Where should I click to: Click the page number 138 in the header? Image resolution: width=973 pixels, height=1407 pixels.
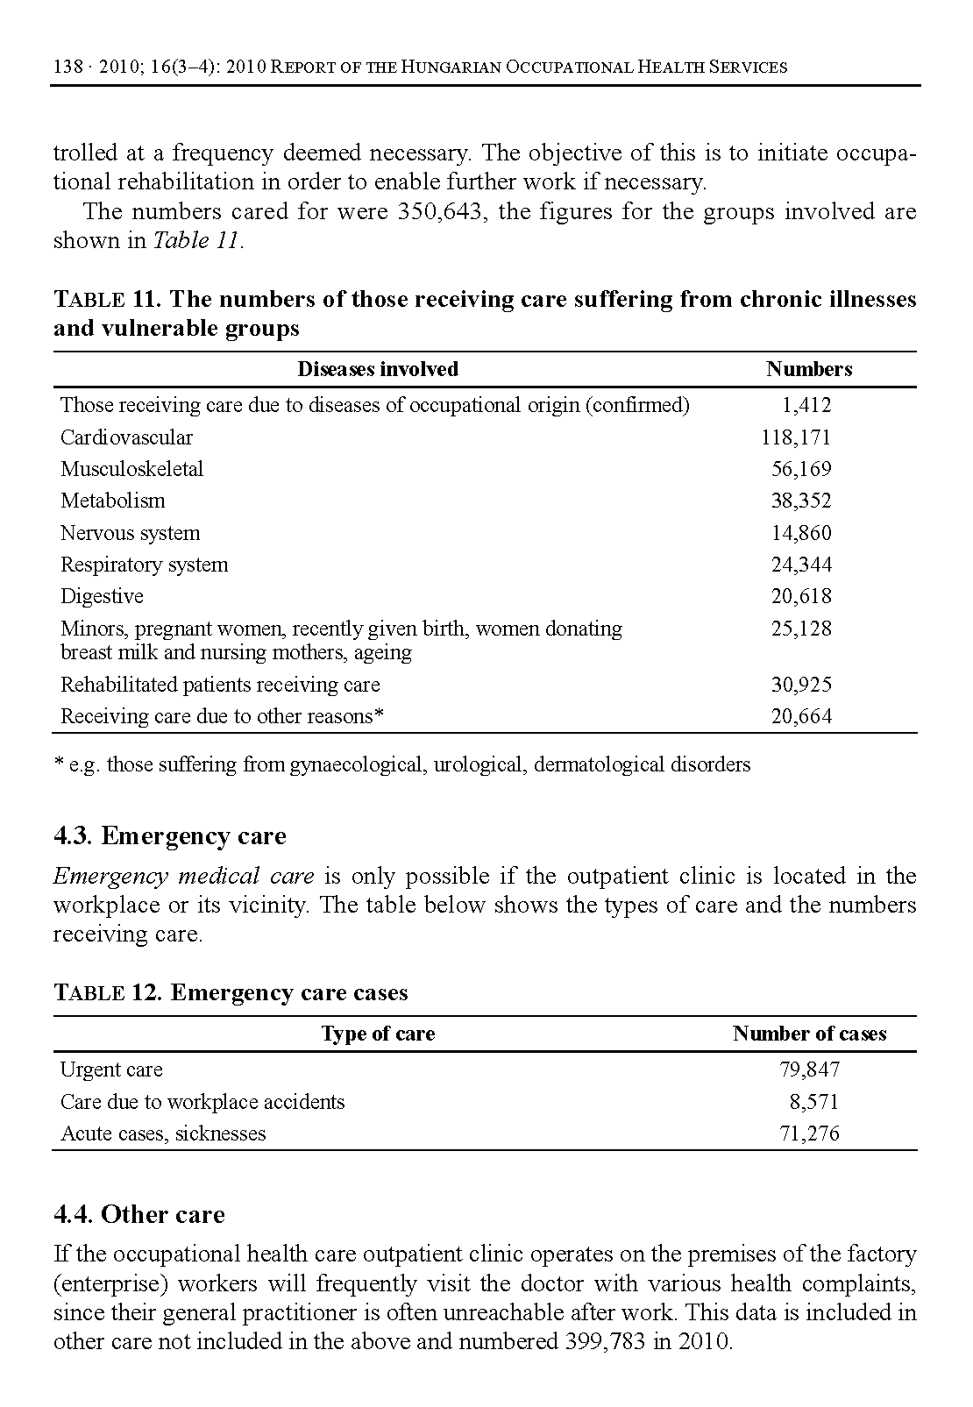[67, 67]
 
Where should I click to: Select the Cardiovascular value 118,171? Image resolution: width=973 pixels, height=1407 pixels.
[795, 437]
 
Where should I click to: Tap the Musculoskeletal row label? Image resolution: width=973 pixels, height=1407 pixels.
[131, 469]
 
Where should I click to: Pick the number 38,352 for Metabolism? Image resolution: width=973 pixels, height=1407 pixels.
[801, 501]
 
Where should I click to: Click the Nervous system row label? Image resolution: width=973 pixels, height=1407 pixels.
[130, 533]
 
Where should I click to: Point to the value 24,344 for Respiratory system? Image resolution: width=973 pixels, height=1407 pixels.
[801, 565]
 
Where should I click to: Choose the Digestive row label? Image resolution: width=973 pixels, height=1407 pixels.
[102, 596]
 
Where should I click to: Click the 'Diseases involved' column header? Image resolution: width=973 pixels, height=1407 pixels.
[378, 369]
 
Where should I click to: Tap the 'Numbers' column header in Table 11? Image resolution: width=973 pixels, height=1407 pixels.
[808, 369]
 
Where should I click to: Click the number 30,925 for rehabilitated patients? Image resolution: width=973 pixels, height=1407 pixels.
[801, 685]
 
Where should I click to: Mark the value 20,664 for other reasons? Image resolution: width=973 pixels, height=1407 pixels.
[801, 716]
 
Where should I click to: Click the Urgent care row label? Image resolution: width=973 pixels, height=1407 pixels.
[111, 1069]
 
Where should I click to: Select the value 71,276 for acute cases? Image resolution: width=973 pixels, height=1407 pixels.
[809, 1133]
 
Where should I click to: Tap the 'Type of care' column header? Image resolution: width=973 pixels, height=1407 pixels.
[378, 1034]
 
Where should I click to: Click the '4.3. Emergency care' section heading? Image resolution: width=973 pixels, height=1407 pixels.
[170, 836]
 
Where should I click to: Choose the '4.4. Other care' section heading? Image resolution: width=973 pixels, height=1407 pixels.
[139, 1215]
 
